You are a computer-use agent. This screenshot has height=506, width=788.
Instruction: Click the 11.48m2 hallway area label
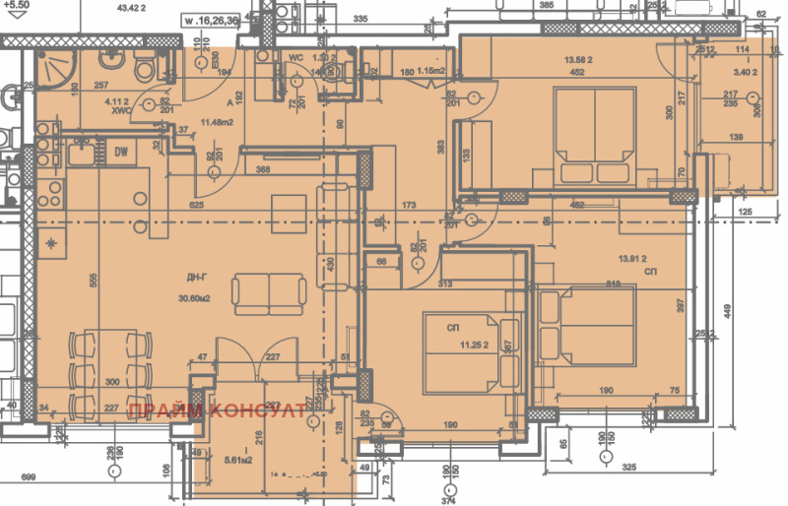[x=217, y=122]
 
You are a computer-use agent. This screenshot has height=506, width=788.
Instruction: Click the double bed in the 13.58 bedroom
[x=595, y=137]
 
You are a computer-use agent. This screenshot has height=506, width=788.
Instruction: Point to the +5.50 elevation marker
[x=17, y=6]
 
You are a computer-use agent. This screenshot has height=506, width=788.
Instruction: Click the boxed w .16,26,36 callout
[x=213, y=18]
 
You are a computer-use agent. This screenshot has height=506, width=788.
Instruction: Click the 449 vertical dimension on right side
[x=727, y=313]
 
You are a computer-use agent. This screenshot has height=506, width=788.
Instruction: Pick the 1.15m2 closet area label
[x=429, y=70]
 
